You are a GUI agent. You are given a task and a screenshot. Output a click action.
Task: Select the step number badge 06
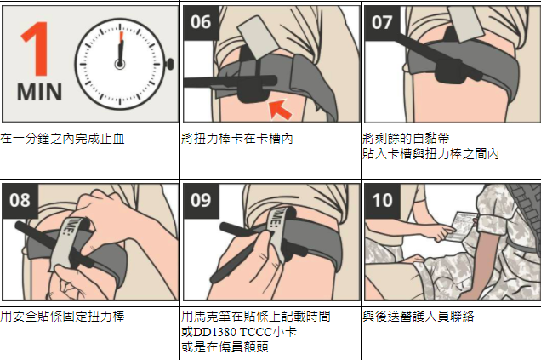click(x=201, y=22)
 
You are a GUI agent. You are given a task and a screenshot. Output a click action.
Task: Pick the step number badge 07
click(x=381, y=22)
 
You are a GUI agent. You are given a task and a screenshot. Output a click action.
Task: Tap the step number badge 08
click(x=20, y=201)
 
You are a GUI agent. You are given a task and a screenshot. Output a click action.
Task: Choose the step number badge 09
click(x=201, y=201)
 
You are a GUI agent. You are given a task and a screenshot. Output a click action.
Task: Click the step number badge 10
click(x=381, y=201)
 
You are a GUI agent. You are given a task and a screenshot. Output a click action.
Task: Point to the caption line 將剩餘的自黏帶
click(x=407, y=139)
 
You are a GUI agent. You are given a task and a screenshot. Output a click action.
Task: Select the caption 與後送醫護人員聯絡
click(x=418, y=317)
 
